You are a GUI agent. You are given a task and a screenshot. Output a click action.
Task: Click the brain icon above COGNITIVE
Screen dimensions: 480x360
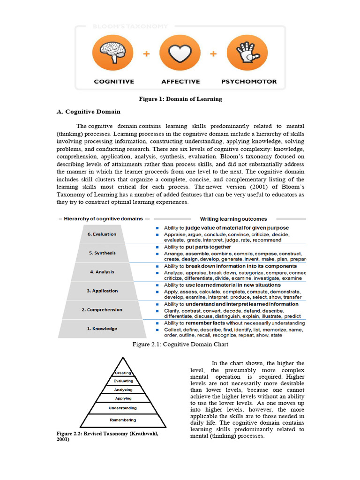pos(112,52)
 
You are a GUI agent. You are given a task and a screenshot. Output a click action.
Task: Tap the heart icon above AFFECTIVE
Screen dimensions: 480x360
pos(180,52)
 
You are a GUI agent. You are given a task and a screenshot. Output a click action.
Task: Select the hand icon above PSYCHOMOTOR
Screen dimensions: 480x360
pos(247,52)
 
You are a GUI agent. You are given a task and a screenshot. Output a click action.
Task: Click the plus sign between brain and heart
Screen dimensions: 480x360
pos(146,54)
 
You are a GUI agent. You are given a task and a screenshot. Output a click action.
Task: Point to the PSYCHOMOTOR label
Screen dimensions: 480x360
pos(249,82)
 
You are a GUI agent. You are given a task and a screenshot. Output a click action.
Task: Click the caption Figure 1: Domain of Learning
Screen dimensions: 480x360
pos(180,99)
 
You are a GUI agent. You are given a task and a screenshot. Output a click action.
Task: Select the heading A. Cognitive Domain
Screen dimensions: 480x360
pos(88,112)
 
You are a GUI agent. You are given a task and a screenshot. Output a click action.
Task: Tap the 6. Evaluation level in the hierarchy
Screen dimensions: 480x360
pos(102,234)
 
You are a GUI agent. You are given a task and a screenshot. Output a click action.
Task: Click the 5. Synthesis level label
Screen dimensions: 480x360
pos(102,253)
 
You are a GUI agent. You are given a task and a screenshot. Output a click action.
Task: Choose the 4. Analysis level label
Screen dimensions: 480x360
pos(102,272)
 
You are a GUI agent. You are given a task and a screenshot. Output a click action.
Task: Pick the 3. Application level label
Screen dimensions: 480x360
pos(102,291)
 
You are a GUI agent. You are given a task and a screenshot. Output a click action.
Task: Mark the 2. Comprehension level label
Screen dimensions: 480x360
pos(102,310)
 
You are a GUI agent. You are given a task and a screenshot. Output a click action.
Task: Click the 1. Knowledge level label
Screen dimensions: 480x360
pos(102,329)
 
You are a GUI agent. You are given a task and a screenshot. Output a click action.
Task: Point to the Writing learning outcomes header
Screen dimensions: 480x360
pos(233,219)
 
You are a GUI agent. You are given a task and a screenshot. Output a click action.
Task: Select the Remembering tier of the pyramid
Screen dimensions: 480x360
pos(123,420)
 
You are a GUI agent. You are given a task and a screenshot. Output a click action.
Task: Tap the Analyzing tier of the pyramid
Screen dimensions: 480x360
pos(123,390)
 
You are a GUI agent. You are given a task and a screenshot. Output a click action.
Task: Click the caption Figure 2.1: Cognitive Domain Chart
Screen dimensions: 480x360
pos(180,345)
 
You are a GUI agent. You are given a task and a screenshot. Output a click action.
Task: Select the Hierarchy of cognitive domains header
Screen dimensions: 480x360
pos(103,219)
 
